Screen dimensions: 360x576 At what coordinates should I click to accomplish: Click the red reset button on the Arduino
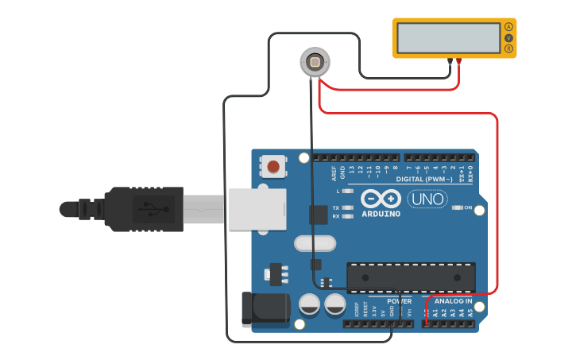click(273, 167)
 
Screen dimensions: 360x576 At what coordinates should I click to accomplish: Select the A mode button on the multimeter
click(508, 27)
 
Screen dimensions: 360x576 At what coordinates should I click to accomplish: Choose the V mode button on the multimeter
click(508, 38)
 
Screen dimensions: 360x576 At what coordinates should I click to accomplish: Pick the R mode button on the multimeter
click(508, 49)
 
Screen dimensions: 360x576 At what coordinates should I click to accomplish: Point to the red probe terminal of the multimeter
click(458, 60)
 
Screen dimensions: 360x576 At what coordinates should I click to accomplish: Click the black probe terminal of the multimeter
click(450, 60)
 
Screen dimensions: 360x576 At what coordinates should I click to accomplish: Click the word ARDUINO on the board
click(380, 214)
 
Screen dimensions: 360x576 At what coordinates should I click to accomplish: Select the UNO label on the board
click(427, 199)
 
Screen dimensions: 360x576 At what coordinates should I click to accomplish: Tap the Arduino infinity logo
click(380, 199)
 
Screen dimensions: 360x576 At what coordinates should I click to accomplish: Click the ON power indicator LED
click(458, 208)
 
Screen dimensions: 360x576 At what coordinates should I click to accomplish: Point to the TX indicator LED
click(346, 207)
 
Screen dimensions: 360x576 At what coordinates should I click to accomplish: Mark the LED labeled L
click(346, 192)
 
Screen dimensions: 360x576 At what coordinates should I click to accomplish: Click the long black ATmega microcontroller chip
click(411, 277)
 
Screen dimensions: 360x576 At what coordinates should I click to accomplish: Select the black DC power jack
click(265, 309)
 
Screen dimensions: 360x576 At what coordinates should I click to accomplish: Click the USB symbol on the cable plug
click(149, 209)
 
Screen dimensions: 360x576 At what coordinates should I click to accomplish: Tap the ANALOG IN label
click(451, 302)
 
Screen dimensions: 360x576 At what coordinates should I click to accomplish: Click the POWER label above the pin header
click(399, 302)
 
